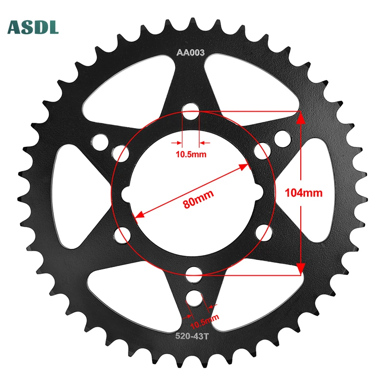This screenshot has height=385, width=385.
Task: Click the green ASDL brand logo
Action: click(x=33, y=27)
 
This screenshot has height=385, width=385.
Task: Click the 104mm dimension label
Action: click(x=303, y=193)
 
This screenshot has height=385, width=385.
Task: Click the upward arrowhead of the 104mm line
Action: click(x=301, y=118)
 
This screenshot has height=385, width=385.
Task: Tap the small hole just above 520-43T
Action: click(x=195, y=297)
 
